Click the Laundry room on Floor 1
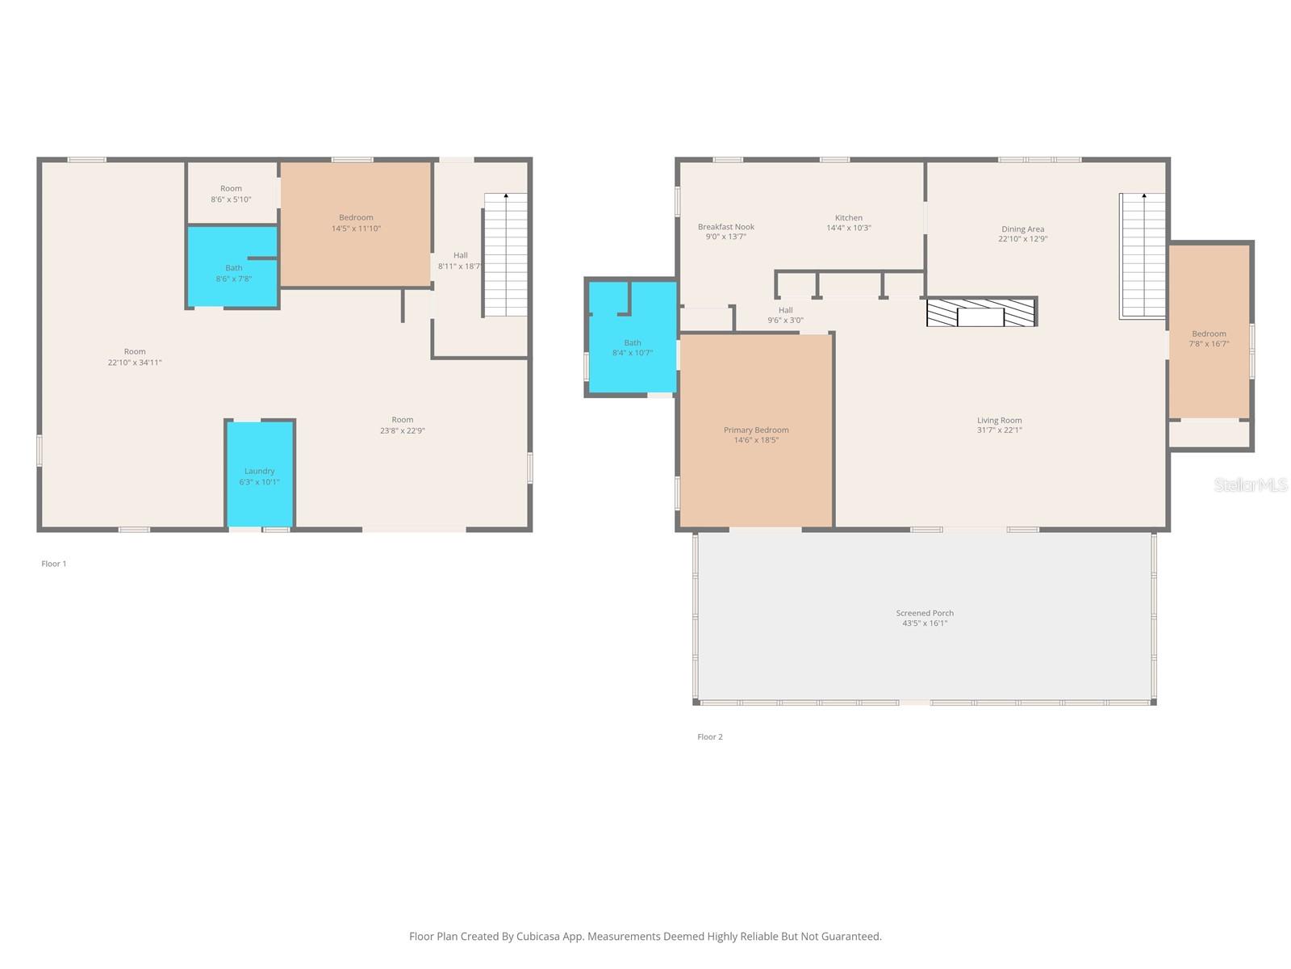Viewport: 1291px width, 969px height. coord(259,474)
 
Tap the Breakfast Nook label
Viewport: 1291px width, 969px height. coord(725,227)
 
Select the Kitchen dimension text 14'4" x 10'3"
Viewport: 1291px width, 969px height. coord(848,228)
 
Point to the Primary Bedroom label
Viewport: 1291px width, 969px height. coord(756,430)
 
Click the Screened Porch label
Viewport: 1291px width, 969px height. coord(925,613)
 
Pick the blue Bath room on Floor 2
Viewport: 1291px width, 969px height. coord(633,338)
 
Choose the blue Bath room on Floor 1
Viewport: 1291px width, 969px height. coord(232,267)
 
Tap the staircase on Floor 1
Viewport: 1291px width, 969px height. coord(505,254)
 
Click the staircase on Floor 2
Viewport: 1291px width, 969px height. coord(1142,256)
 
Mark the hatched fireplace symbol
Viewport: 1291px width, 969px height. coord(980,313)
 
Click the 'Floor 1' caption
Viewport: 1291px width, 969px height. coord(53,564)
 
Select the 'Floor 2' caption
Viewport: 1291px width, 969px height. coord(710,736)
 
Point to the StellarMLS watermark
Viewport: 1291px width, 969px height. coord(1251,484)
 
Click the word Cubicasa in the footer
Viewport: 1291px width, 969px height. coord(537,936)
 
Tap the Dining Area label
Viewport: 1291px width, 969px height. coord(1023,229)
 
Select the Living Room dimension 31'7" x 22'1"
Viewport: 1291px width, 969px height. coord(999,430)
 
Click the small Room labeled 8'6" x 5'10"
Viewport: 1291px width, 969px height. coord(231,194)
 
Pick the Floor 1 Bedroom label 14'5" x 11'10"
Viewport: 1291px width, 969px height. coord(356,223)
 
